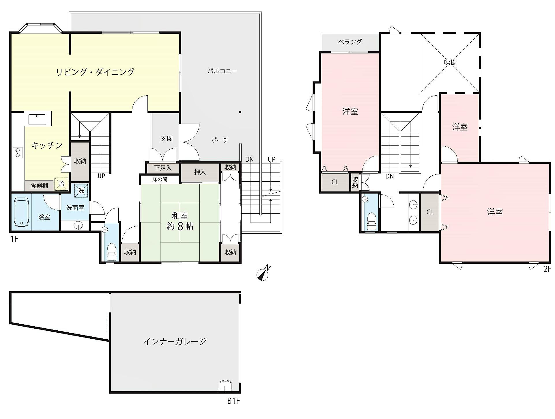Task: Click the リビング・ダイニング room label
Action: coord(95,72)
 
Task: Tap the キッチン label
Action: coord(47,145)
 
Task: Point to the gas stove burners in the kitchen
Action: coord(18,152)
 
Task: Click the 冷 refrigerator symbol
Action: coord(62,184)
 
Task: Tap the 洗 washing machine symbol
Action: coord(81,191)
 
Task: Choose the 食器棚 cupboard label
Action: coord(39,186)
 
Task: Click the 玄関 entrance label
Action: coord(167,139)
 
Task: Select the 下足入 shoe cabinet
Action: coord(163,168)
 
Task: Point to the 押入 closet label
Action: coord(200,172)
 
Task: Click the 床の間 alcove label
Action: coord(160,179)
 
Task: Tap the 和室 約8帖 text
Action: coord(180,221)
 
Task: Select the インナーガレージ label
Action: coord(175,342)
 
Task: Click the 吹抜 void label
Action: coord(450,62)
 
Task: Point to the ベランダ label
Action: coord(350,42)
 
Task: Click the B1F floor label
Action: coord(233,401)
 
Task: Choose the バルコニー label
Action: coord(222,71)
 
